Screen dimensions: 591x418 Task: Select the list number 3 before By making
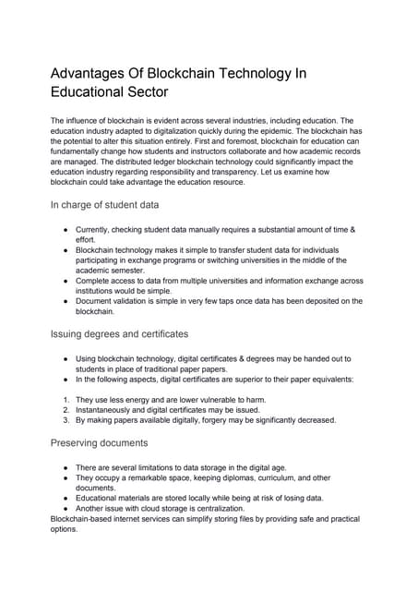click(x=65, y=419)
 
